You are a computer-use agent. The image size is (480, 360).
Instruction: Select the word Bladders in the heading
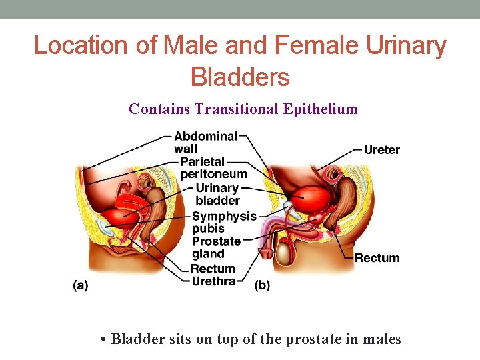(240, 77)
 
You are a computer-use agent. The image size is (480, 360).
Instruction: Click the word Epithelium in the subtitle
(325, 109)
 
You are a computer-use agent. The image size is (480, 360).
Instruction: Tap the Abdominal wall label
(205, 142)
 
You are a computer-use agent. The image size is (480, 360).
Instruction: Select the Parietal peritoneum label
(213, 167)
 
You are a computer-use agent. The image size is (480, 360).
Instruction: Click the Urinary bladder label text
(217, 194)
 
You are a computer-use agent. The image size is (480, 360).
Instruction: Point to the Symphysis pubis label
(224, 222)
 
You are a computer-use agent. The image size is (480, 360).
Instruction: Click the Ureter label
(381, 149)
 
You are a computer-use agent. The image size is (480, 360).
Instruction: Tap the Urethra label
(213, 281)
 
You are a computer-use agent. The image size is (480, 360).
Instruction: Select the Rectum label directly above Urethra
(213, 269)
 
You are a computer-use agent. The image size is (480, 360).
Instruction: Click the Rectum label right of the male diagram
(377, 258)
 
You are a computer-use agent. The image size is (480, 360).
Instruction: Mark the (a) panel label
(80, 285)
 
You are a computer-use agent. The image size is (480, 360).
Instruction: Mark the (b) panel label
(263, 285)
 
